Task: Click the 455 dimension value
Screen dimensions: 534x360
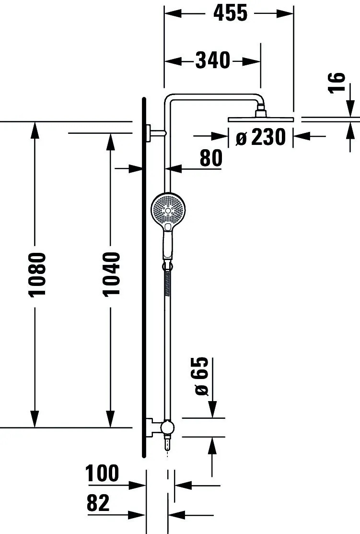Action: [230, 13]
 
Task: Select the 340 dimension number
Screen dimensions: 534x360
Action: [213, 60]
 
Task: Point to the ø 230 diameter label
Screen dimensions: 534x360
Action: [261, 138]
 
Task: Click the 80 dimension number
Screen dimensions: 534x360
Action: [211, 158]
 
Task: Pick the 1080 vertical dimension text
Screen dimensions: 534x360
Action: [37, 274]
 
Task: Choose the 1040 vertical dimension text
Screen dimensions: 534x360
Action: [111, 274]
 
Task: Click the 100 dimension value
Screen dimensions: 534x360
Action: [102, 474]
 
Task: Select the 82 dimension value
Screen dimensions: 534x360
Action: [98, 503]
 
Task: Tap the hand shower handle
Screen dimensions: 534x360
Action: [167, 245]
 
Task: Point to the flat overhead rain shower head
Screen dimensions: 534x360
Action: [261, 119]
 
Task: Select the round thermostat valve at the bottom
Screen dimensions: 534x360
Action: [167, 427]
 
